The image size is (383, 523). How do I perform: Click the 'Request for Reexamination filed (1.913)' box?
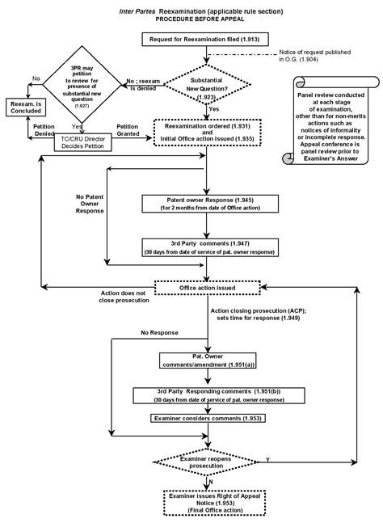coord(208,39)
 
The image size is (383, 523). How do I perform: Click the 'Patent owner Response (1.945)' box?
coord(208,202)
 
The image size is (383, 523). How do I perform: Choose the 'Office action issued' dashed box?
coord(208,287)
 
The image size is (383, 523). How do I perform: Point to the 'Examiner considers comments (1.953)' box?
coord(208,418)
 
